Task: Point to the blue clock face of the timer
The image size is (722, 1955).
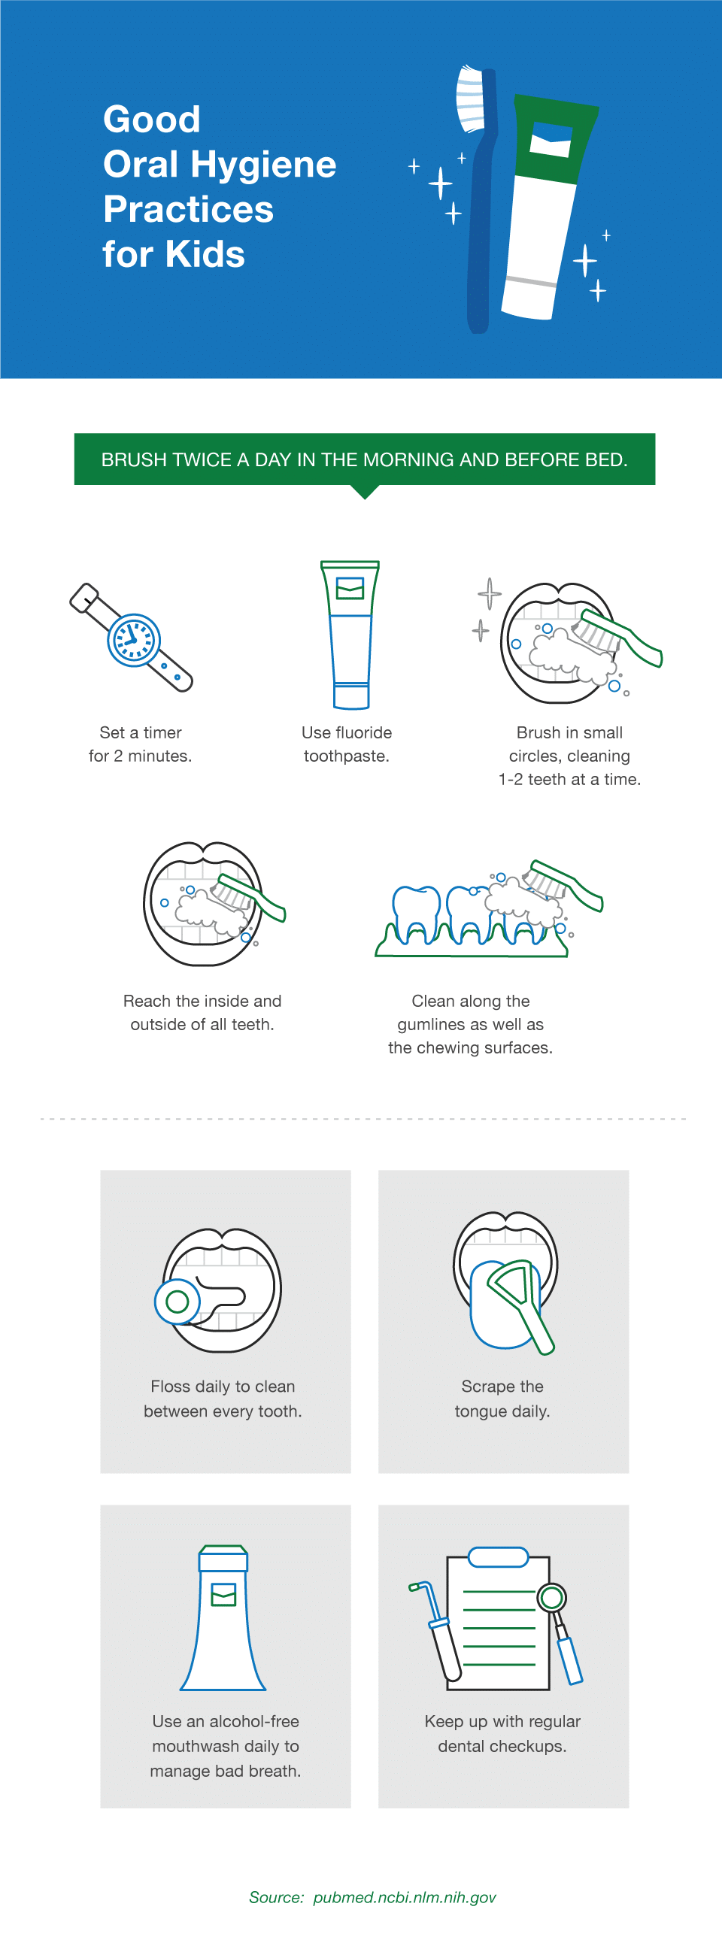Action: tap(134, 640)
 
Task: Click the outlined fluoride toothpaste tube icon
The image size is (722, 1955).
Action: tap(350, 635)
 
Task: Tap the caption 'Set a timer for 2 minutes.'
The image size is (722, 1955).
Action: tap(141, 744)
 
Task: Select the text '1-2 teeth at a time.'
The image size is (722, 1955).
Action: tap(569, 780)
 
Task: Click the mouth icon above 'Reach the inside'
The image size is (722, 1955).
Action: tap(203, 903)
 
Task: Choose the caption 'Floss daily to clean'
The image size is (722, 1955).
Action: tap(223, 1387)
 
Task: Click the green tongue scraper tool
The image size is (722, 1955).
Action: tap(522, 1301)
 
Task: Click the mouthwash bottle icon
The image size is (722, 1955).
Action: tap(223, 1621)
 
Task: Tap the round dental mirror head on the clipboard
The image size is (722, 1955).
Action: tap(552, 1599)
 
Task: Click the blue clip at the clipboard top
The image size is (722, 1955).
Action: tap(498, 1556)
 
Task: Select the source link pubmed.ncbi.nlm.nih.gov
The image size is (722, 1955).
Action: tap(404, 1897)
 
